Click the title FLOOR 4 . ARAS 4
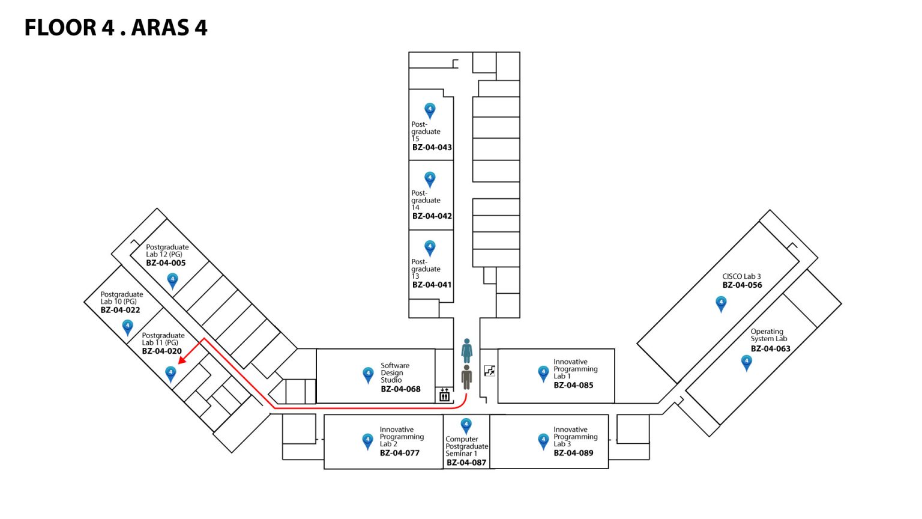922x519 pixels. (116, 28)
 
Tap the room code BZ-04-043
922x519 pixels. (432, 147)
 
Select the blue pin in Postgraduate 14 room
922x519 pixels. (430, 179)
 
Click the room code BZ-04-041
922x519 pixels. (432, 285)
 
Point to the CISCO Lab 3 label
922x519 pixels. (741, 276)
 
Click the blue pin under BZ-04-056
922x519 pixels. (721, 304)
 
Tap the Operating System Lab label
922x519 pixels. (768, 335)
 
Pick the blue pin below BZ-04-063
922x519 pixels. (746, 362)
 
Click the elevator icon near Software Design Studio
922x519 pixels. (444, 395)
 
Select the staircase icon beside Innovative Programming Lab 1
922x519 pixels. (490, 371)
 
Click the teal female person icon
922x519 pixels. (466, 350)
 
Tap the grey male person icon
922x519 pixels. (466, 377)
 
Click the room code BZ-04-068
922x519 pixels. (400, 389)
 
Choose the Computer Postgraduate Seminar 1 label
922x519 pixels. (466, 446)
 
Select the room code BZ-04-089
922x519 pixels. (573, 453)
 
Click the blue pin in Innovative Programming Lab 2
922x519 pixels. (368, 442)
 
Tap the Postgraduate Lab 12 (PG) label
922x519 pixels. (167, 250)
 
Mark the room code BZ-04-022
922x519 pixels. (120, 310)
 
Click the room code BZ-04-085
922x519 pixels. (573, 385)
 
